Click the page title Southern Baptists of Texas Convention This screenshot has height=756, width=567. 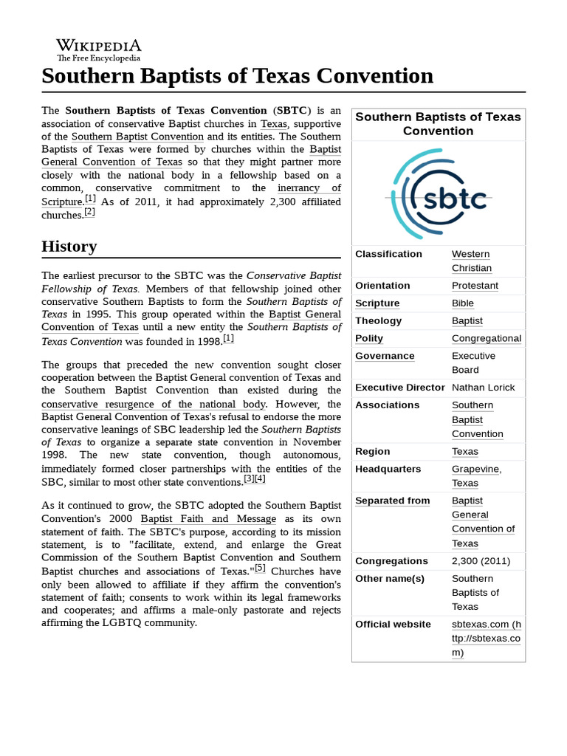pyautogui.click(x=237, y=76)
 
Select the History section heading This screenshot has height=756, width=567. pyautogui.click(x=69, y=246)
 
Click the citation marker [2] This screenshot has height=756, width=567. pyautogui.click(x=89, y=213)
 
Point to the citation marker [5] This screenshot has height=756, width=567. pyautogui.click(x=260, y=569)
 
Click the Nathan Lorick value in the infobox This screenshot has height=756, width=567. pyautogui.click(x=483, y=388)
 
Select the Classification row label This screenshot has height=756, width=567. pyautogui.click(x=388, y=254)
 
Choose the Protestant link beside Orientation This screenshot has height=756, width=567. pyautogui.click(x=475, y=286)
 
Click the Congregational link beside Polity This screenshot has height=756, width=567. pyautogui.click(x=486, y=339)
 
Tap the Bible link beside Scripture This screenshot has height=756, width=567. pyautogui.click(x=463, y=303)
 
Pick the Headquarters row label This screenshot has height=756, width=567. pyautogui.click(x=388, y=469)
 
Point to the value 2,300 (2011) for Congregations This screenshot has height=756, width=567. pyautogui.click(x=481, y=561)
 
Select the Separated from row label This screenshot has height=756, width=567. pyautogui.click(x=392, y=501)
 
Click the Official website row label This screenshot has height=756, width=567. pyautogui.click(x=393, y=625)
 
